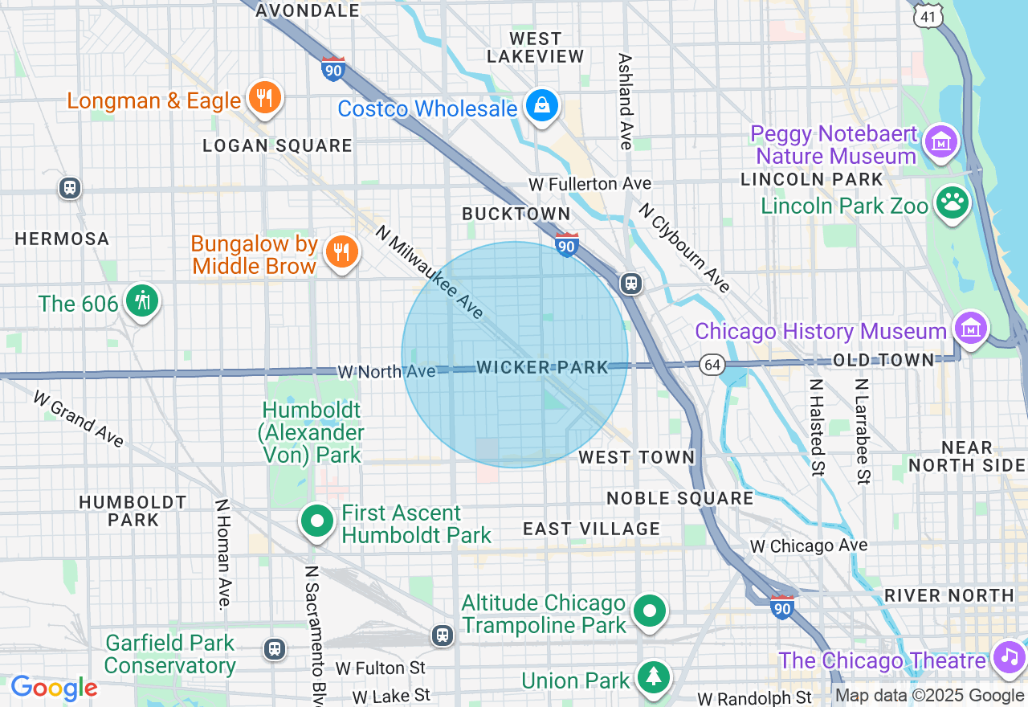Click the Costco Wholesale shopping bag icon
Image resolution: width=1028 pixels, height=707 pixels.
click(x=542, y=105)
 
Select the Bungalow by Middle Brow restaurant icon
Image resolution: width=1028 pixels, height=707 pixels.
click(x=341, y=252)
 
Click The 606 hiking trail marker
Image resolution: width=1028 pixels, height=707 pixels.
click(x=143, y=301)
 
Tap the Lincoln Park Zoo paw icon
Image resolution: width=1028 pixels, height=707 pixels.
click(x=953, y=203)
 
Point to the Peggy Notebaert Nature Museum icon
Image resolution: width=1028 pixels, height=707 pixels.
click(x=940, y=142)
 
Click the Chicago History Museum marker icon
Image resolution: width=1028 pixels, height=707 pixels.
click(x=970, y=329)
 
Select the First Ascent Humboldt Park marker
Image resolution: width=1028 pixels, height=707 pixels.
click(x=317, y=521)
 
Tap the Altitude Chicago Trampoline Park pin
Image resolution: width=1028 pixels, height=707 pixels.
click(x=649, y=611)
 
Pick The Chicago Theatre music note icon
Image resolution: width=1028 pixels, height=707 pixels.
click(x=1009, y=658)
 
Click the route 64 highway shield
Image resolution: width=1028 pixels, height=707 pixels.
click(x=711, y=364)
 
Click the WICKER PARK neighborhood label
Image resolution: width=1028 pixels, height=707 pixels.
click(x=543, y=367)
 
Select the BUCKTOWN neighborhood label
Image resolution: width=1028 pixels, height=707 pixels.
click(x=516, y=214)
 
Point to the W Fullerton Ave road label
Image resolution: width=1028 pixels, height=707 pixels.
click(x=589, y=184)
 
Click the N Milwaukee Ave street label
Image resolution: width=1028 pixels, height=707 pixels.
click(x=430, y=271)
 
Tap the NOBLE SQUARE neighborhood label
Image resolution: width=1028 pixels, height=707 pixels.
click(x=679, y=498)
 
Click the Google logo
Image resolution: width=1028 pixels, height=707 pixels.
click(x=54, y=689)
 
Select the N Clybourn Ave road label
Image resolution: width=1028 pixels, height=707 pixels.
click(x=685, y=247)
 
